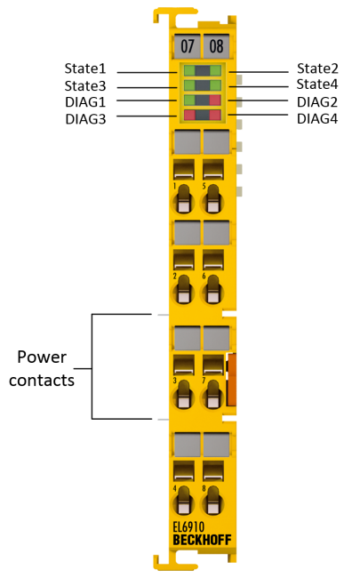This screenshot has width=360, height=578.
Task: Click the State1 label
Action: click(85, 68)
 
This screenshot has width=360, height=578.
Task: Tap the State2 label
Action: click(317, 68)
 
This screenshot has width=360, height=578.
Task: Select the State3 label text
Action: click(85, 86)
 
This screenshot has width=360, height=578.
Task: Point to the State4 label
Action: click(317, 84)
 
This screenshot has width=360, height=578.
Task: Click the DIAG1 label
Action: click(85, 102)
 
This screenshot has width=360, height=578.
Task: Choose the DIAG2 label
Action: click(317, 102)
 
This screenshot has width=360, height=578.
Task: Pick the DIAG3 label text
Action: click(85, 119)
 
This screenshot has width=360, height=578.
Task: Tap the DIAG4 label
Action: click(317, 118)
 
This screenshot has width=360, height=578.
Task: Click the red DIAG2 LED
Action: click(215, 100)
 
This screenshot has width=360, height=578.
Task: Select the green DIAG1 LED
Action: click(189, 100)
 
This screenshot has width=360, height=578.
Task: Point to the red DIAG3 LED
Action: click(189, 115)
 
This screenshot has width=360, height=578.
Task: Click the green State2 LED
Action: click(215, 70)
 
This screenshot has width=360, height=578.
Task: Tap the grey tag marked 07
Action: click(188, 46)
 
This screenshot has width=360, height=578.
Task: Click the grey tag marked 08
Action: click(216, 46)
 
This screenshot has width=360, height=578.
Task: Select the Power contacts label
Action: click(42, 369)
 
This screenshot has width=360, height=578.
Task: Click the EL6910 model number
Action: click(188, 527)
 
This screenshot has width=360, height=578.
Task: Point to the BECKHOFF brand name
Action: click(202, 540)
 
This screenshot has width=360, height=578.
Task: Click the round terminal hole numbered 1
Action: click(183, 200)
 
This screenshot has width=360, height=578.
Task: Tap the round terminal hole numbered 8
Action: click(212, 502)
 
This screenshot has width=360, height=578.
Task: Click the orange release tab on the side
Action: click(231, 380)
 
